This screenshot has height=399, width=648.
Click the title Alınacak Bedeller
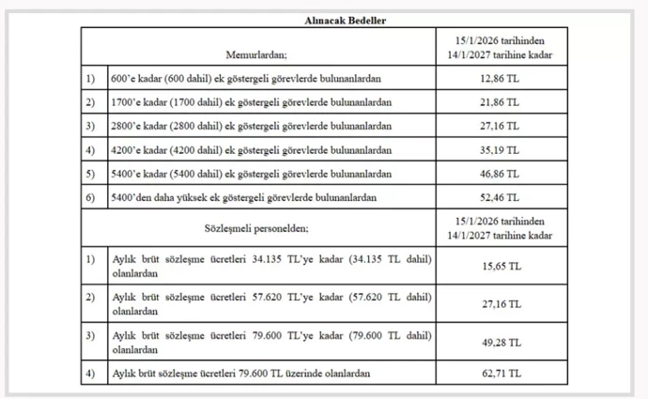pos(323,19)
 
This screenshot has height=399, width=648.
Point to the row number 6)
pos(91,197)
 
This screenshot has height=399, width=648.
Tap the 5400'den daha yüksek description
pos(244,197)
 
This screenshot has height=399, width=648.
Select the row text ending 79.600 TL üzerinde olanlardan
pos(239,374)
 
